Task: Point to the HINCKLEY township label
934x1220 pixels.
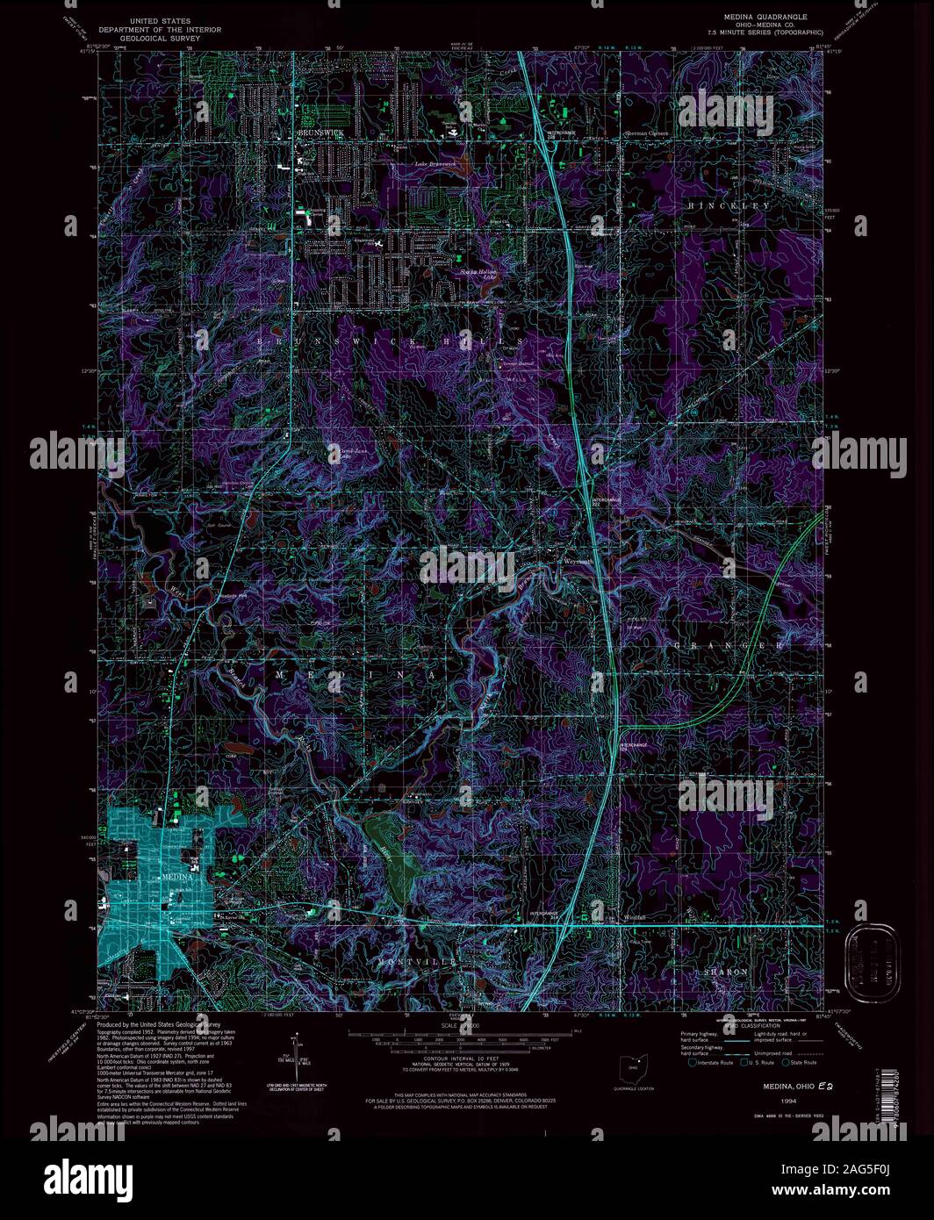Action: pos(729,205)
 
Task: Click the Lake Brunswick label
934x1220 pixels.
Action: pos(435,164)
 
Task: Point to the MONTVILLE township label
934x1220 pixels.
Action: pos(418,963)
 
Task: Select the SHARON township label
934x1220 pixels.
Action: pos(726,972)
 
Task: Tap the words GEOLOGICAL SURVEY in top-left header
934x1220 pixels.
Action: pos(160,39)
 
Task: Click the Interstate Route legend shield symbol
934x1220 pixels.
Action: pos(692,1063)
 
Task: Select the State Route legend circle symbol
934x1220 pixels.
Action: pos(785,1063)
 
